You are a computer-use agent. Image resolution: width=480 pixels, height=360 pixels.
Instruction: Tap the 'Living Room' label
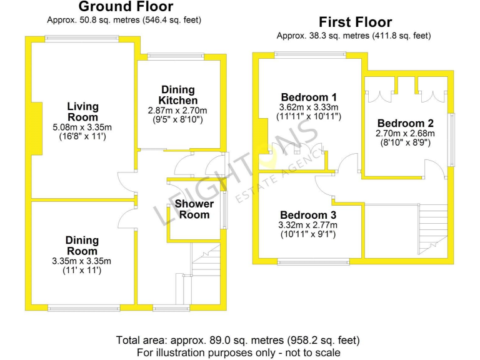click(x=82, y=112)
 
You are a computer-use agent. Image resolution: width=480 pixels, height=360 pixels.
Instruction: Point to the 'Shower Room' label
click(x=194, y=209)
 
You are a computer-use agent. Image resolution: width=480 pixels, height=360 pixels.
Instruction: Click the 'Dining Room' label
click(x=82, y=246)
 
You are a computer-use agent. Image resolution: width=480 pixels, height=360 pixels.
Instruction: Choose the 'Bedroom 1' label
click(x=309, y=97)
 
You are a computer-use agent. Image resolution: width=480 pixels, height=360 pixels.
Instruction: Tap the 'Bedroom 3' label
click(x=309, y=216)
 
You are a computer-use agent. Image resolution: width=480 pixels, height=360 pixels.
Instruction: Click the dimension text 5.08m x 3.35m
click(x=82, y=127)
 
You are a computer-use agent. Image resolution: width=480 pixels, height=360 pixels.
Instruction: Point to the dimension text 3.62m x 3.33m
click(x=309, y=107)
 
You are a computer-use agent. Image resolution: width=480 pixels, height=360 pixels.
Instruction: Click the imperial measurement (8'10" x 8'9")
click(x=405, y=142)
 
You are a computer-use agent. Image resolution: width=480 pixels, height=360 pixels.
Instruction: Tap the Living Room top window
click(x=82, y=39)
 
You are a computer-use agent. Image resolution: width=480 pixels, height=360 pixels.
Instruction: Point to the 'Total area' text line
click(x=238, y=341)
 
